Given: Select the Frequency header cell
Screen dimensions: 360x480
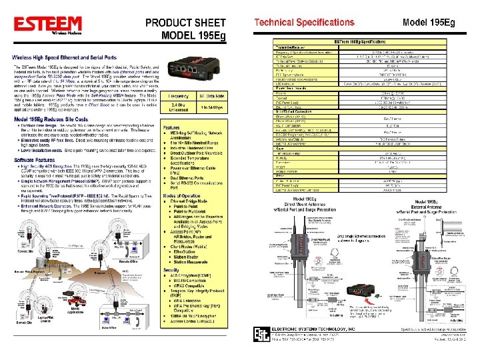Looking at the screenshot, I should (173, 95).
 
